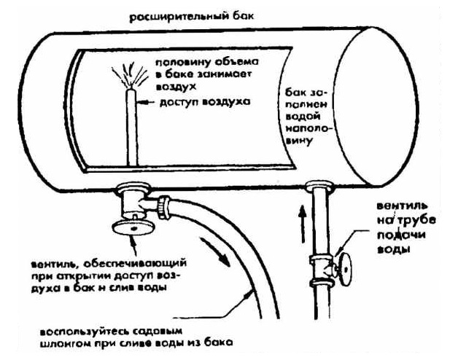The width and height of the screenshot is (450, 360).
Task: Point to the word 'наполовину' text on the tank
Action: [x=299, y=131]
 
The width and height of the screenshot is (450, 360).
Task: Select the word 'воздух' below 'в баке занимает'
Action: [x=169, y=85]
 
